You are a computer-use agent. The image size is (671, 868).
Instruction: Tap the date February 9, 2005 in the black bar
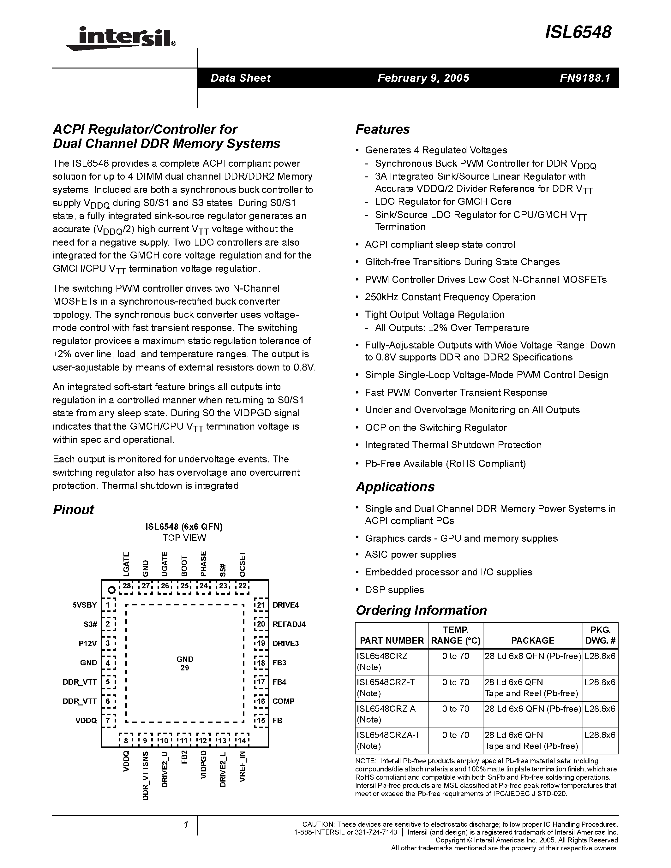423,78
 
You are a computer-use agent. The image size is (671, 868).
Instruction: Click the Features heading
382,129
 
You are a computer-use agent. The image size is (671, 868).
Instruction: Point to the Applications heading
395,487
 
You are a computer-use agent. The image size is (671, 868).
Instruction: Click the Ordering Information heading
421,610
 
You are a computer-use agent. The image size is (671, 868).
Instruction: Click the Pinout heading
74,510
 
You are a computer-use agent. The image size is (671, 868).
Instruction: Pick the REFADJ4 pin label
289,624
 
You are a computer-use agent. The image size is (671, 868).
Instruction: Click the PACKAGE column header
532,640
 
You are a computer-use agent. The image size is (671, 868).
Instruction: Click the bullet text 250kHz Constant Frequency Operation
450,297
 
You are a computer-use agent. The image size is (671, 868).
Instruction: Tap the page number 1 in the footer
186,825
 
